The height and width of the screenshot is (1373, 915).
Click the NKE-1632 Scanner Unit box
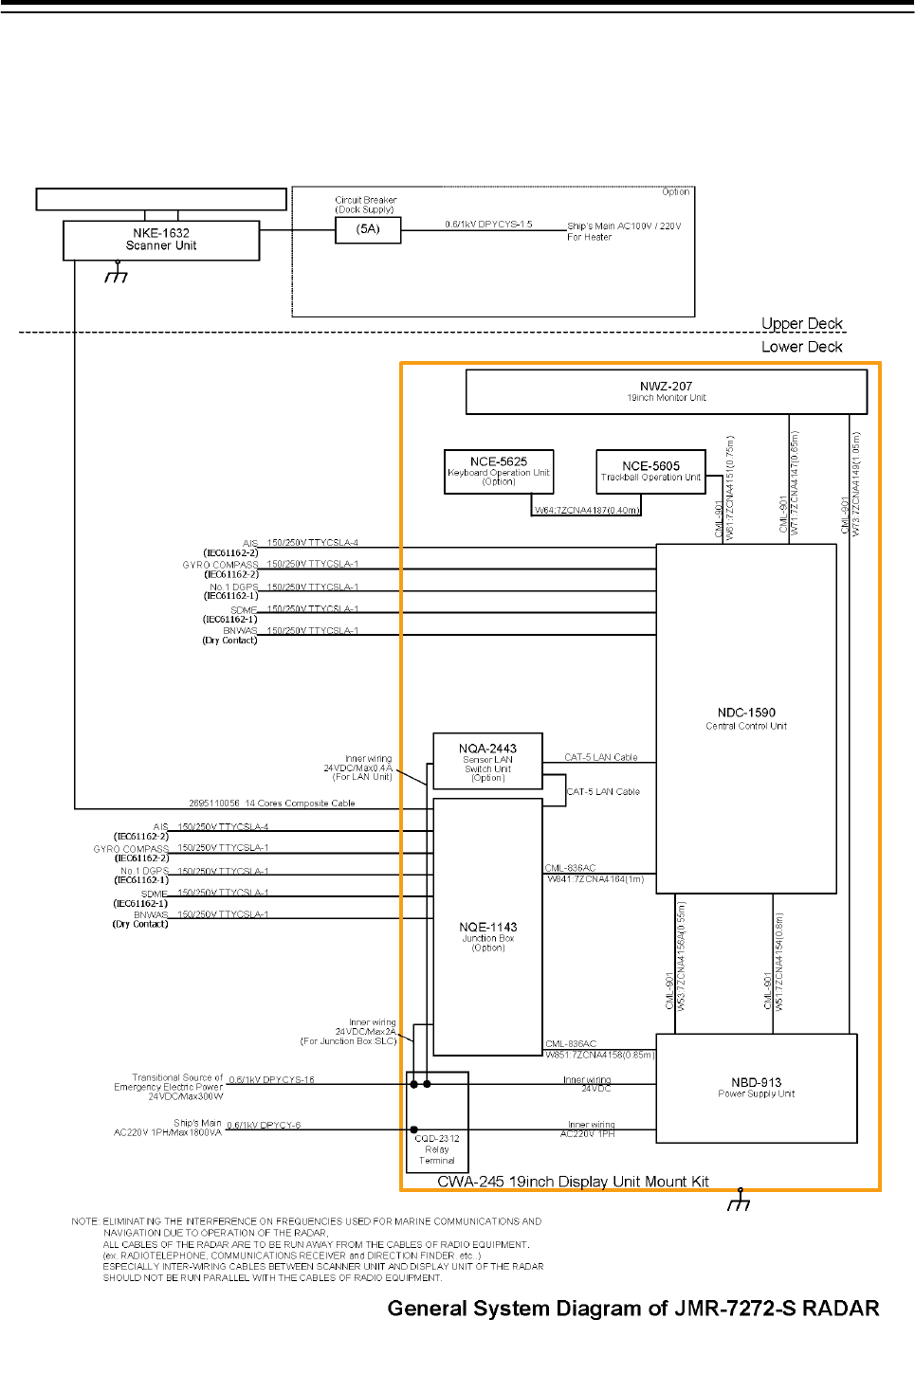click(x=161, y=240)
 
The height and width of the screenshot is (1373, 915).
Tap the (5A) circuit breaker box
click(x=368, y=229)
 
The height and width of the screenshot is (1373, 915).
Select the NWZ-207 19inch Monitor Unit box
click(x=666, y=391)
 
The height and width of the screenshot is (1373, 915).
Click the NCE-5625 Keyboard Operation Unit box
click(x=499, y=471)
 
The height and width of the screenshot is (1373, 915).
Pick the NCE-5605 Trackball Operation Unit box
click(x=650, y=471)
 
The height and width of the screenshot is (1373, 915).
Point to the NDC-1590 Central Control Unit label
click(x=746, y=718)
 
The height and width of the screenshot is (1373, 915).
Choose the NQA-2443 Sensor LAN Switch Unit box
click(x=487, y=761)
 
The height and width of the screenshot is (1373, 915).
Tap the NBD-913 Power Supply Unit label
click(x=756, y=1087)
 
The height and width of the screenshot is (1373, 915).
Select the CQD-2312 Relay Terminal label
click(x=437, y=1149)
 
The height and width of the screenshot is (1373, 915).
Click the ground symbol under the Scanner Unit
click(x=117, y=274)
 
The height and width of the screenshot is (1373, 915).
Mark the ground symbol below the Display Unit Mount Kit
click(x=739, y=1201)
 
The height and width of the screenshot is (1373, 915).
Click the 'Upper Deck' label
click(x=801, y=323)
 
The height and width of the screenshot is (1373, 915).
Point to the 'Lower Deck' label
click(x=801, y=347)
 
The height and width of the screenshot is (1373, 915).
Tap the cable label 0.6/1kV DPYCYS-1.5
click(x=488, y=225)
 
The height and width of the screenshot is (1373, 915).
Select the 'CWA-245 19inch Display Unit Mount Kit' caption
click(x=573, y=1182)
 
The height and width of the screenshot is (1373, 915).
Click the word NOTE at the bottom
click(x=84, y=1221)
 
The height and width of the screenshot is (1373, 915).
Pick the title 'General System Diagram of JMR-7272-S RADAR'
click(x=632, y=1309)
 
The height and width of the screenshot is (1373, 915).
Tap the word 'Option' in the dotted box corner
click(x=675, y=192)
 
